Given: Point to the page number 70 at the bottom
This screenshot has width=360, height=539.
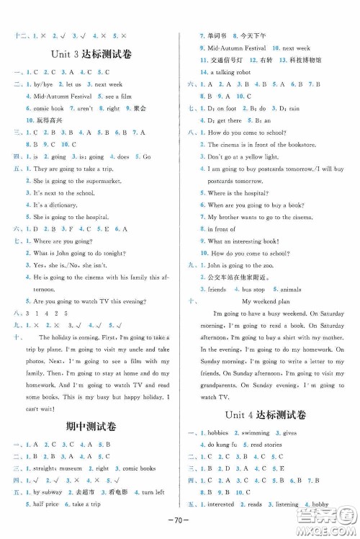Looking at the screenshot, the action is pos(179,519).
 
